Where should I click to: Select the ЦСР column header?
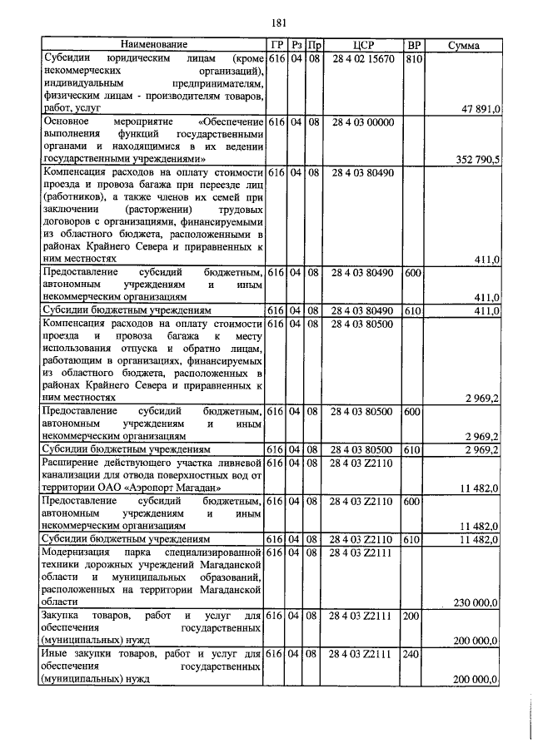[x=361, y=44]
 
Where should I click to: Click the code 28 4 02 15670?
[x=361, y=58]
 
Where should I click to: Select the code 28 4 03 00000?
[x=361, y=122]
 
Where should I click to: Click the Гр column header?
[x=277, y=44]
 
